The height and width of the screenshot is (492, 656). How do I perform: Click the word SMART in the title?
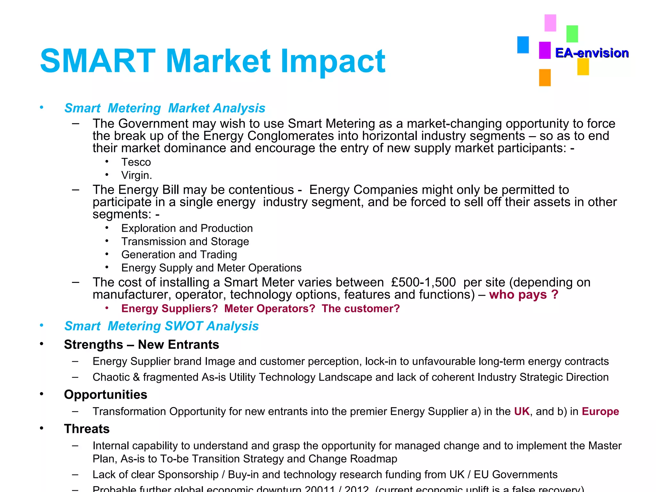pos(98,61)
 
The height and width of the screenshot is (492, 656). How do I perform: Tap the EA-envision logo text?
pos(592,53)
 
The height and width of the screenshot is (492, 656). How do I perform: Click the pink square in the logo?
pos(550,23)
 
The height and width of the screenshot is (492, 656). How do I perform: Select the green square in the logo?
pos(572,34)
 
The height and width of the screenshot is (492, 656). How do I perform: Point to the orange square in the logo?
pos(545,78)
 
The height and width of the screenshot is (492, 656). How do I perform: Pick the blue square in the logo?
pos(523,45)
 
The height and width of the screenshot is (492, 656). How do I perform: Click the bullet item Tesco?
pos(136,162)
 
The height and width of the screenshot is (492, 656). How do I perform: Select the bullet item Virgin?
pos(136,175)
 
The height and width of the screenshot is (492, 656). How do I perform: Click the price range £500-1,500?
pos(423,282)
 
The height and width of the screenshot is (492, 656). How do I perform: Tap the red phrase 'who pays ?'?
pos(524,295)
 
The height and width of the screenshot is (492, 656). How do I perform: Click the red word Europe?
pos(600,411)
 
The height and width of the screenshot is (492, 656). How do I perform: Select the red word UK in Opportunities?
pos(522,411)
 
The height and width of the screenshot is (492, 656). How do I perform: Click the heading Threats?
pos(87,429)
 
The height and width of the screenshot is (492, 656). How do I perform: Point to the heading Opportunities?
pos(105,395)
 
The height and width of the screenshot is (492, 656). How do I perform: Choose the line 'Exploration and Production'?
pos(187,228)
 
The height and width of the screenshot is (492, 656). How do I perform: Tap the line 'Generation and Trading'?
pos(179,254)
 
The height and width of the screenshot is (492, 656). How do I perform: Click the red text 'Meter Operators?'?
pos(270,308)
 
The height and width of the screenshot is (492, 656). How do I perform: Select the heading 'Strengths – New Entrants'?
pos(141,345)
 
